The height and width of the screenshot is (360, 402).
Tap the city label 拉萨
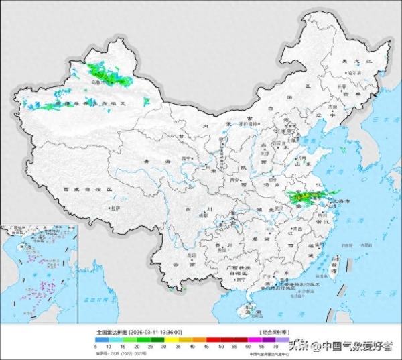tap(115, 208)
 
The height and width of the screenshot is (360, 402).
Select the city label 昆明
tap(192, 255)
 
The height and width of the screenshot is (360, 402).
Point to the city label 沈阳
tap(330, 107)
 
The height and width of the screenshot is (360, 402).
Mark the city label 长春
tap(341, 86)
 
